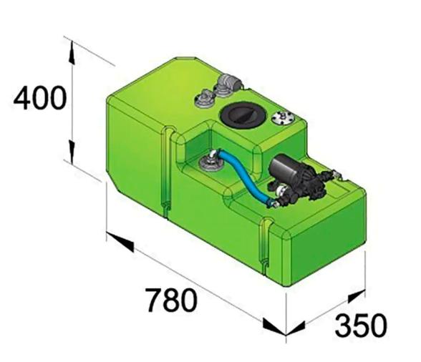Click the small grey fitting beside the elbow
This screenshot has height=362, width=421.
pos(204,94)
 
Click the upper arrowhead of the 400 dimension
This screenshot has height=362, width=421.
pos(72,48)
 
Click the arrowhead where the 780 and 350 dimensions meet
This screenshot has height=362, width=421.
pos(276,328)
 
